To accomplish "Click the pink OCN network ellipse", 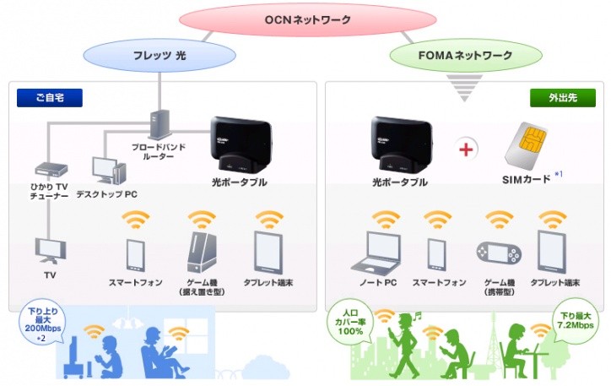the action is click(307, 19).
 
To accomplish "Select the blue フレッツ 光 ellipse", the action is click(160, 56).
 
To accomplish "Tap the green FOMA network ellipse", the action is click(466, 56).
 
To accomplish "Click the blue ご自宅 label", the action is click(50, 97).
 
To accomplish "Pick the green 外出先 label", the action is click(563, 97).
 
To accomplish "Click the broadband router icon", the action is click(160, 124).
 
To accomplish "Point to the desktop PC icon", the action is click(109, 170).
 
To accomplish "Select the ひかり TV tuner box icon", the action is click(51, 170).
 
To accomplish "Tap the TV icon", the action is click(51, 251).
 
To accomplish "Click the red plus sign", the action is click(466, 150).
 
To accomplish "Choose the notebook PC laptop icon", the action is click(376, 253).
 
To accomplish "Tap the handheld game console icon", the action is click(499, 253).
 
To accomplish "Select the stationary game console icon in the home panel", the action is click(202, 253).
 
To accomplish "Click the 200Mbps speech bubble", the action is click(42, 324).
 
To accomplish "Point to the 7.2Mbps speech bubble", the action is click(576, 321).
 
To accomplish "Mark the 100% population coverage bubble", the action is click(350, 322).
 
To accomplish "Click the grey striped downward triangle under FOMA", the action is click(464, 88).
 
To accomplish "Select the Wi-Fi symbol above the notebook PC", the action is click(386, 219).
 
